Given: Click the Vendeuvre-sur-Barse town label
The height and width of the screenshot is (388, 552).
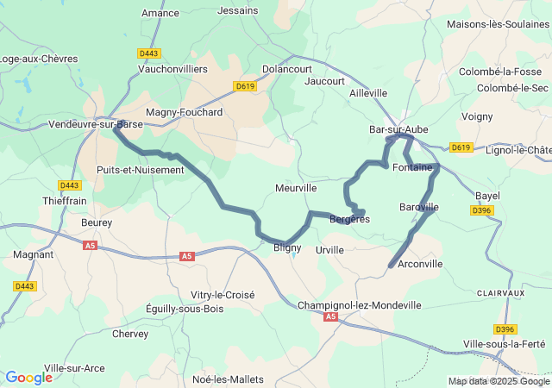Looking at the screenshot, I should pos(96,124).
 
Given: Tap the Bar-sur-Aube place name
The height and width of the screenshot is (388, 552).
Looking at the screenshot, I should pos(398,129).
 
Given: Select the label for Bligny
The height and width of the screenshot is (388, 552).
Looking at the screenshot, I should pos(287,247).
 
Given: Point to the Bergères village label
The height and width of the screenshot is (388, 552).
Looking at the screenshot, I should pos(349,220).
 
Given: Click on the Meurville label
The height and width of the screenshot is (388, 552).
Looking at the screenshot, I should pos(296,187).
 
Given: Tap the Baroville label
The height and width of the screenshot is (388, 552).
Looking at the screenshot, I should pos(419,207).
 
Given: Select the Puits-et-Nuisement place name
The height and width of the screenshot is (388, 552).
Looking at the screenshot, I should pos(141,170).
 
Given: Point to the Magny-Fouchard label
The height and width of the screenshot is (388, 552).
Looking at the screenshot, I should pos(184,112).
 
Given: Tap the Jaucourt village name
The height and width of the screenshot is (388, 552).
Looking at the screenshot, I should pos(324,81).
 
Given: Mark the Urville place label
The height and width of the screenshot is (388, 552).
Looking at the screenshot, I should pos(329,250).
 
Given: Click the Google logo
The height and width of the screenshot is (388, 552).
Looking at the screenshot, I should pos(28,378).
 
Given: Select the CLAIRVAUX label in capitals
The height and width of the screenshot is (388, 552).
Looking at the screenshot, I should pos(500,293).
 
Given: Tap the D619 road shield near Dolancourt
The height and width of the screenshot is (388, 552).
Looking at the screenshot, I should pos(245,86).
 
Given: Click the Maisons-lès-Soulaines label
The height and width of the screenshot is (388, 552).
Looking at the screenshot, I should pos(497,24).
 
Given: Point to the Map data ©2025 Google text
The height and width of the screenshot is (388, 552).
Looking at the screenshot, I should pos(499,381).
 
